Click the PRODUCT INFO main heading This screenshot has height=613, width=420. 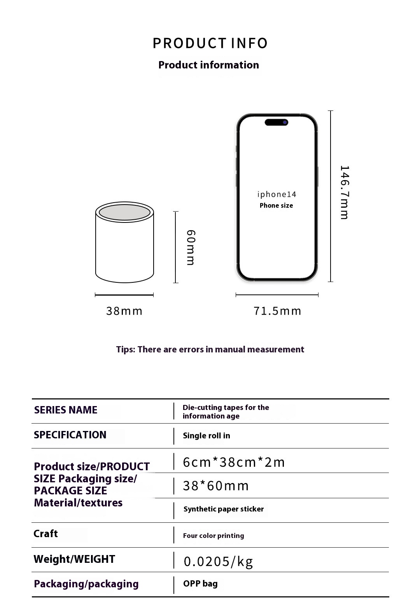pyautogui.click(x=210, y=43)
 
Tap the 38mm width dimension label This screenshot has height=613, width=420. pyautogui.click(x=124, y=311)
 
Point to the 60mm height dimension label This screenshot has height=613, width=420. pyautogui.click(x=191, y=247)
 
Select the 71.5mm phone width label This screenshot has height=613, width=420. pyautogui.click(x=277, y=311)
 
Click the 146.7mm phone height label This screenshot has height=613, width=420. pyautogui.click(x=345, y=193)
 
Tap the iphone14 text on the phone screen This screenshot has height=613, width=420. pyautogui.click(x=276, y=194)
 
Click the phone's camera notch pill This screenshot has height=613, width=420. pyautogui.click(x=276, y=122)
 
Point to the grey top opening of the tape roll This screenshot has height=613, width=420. pyautogui.click(x=124, y=212)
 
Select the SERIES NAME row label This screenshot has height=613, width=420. pyautogui.click(x=66, y=410)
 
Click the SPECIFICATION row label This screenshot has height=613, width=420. pyautogui.click(x=70, y=435)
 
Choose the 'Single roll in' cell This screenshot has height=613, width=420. pyautogui.click(x=206, y=436)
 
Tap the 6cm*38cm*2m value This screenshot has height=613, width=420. pyautogui.click(x=234, y=462)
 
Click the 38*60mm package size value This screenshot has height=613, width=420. pyautogui.click(x=216, y=486)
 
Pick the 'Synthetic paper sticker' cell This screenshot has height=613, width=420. pyautogui.click(x=224, y=509)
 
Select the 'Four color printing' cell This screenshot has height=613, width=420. pyautogui.click(x=213, y=536)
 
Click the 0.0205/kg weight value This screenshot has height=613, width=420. pyautogui.click(x=218, y=561)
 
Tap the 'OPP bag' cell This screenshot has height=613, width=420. pyautogui.click(x=200, y=584)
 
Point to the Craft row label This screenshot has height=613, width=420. pyautogui.click(x=45, y=534)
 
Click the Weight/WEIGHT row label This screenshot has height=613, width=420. pyautogui.click(x=74, y=559)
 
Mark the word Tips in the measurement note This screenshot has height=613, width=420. pyautogui.click(x=125, y=349)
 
